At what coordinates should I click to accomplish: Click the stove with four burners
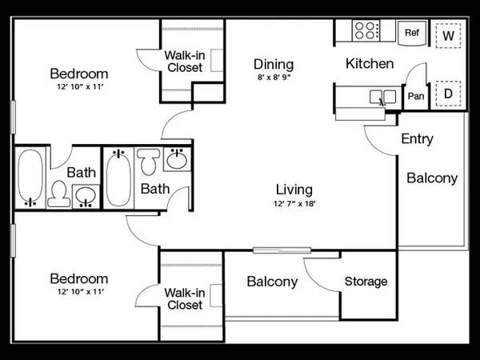(x=366, y=30)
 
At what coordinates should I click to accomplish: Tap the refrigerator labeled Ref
(x=412, y=33)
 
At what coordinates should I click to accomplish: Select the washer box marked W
(x=448, y=35)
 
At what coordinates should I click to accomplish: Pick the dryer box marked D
(x=448, y=94)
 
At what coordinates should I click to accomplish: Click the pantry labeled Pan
(x=416, y=97)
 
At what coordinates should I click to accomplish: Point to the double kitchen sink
(x=382, y=97)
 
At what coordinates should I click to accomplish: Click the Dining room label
(x=274, y=65)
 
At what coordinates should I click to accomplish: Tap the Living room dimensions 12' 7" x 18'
(x=294, y=203)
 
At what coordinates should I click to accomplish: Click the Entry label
(x=418, y=138)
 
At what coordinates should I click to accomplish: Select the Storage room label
(x=366, y=282)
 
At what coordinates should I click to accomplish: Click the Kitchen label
(x=370, y=64)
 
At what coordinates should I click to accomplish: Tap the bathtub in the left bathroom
(x=30, y=177)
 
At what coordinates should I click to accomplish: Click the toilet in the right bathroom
(x=149, y=162)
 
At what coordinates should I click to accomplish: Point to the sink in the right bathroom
(x=177, y=159)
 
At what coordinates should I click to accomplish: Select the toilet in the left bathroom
(x=58, y=194)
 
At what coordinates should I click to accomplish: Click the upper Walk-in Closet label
(x=185, y=62)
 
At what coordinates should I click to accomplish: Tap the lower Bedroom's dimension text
(x=81, y=292)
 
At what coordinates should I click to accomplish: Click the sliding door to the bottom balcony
(x=282, y=250)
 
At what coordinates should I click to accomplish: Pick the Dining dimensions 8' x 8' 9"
(x=274, y=78)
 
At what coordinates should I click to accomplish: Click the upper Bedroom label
(x=79, y=74)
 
